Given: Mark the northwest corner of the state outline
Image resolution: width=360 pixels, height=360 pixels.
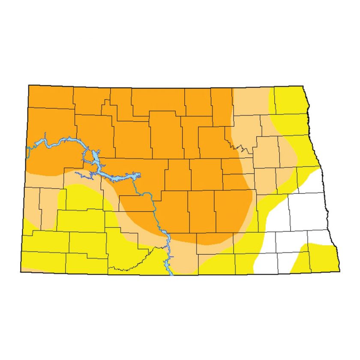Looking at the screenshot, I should (29, 85).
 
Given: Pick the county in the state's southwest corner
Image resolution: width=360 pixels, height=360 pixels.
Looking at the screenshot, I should (43, 261).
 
